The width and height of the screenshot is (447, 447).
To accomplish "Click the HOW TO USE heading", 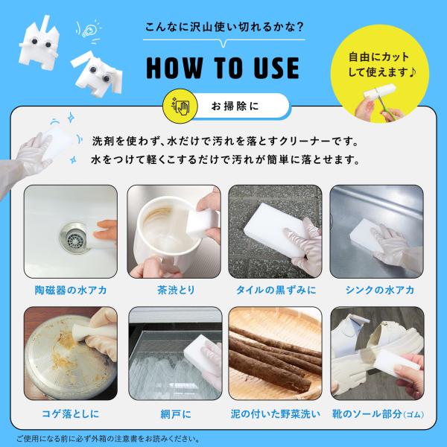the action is tap(223, 68).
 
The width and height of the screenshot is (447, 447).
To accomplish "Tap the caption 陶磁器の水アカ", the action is tap(71, 291).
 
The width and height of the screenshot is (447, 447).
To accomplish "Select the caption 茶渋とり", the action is tap(176, 291).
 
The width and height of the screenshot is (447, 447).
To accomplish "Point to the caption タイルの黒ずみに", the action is tap(276, 291).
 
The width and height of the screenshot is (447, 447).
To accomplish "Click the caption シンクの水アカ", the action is tap(379, 291).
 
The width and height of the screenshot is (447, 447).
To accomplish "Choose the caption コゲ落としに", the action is tap(71, 413).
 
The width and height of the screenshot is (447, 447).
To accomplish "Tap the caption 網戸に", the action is tap(176, 414).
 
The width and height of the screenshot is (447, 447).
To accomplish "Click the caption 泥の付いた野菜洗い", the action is tap(276, 414).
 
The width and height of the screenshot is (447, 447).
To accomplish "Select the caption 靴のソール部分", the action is tap(367, 414).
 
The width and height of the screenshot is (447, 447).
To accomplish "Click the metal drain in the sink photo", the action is tap(74, 238).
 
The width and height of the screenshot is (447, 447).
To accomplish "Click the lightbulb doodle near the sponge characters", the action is tap(89, 31).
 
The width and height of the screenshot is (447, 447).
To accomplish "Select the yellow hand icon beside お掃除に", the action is tap(180, 106).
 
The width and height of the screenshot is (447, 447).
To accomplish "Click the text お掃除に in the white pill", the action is tap(235, 106).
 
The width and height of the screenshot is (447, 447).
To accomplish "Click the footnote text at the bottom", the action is tap(108, 439).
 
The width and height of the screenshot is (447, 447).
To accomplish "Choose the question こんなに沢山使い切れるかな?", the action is tap(224, 27).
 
